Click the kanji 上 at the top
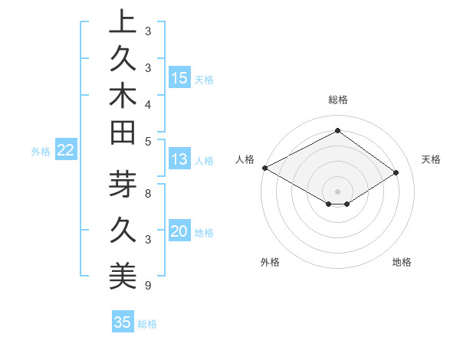123,23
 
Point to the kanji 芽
123,186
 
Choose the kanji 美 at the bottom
123,277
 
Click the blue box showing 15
179,78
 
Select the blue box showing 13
179,159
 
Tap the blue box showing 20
179,231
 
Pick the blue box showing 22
66,150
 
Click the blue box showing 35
123,322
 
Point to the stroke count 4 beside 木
148,103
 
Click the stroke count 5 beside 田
148,141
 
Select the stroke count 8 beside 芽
148,195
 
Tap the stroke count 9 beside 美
148,286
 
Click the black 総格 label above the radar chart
338,100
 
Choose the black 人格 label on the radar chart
245,159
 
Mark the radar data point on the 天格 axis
396,173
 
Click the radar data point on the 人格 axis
264,168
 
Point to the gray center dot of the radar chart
338,191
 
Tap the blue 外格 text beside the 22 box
41,152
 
